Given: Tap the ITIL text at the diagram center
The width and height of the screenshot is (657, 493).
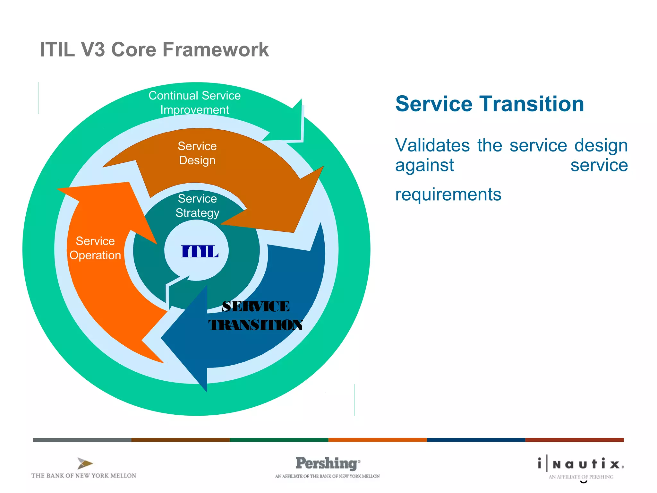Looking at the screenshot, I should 200,251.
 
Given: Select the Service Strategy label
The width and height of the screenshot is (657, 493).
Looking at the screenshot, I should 197,206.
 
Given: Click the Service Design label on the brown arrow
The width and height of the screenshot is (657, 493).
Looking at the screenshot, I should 197,153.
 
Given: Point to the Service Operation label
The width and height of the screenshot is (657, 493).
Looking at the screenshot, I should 95,248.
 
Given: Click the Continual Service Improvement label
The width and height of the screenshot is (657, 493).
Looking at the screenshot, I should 194,102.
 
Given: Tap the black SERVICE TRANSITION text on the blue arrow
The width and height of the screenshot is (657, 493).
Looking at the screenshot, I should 256,316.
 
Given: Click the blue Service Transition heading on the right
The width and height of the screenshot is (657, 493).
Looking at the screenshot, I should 490,104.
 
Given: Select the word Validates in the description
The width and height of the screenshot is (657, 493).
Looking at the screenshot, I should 432,145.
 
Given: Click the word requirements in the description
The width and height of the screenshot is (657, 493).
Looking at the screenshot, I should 448,194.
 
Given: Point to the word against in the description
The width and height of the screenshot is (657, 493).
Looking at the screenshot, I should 424,165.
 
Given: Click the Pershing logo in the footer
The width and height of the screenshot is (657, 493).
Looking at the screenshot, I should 327,463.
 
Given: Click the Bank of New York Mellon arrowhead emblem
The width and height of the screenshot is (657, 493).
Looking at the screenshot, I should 85,463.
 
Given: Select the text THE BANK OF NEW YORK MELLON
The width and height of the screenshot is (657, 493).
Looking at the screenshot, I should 84,476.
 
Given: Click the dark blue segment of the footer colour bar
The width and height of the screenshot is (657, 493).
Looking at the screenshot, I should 476,440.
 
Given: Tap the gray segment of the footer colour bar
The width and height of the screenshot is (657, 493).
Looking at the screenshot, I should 82,440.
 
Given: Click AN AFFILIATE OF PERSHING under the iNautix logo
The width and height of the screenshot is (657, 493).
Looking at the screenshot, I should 581,477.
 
